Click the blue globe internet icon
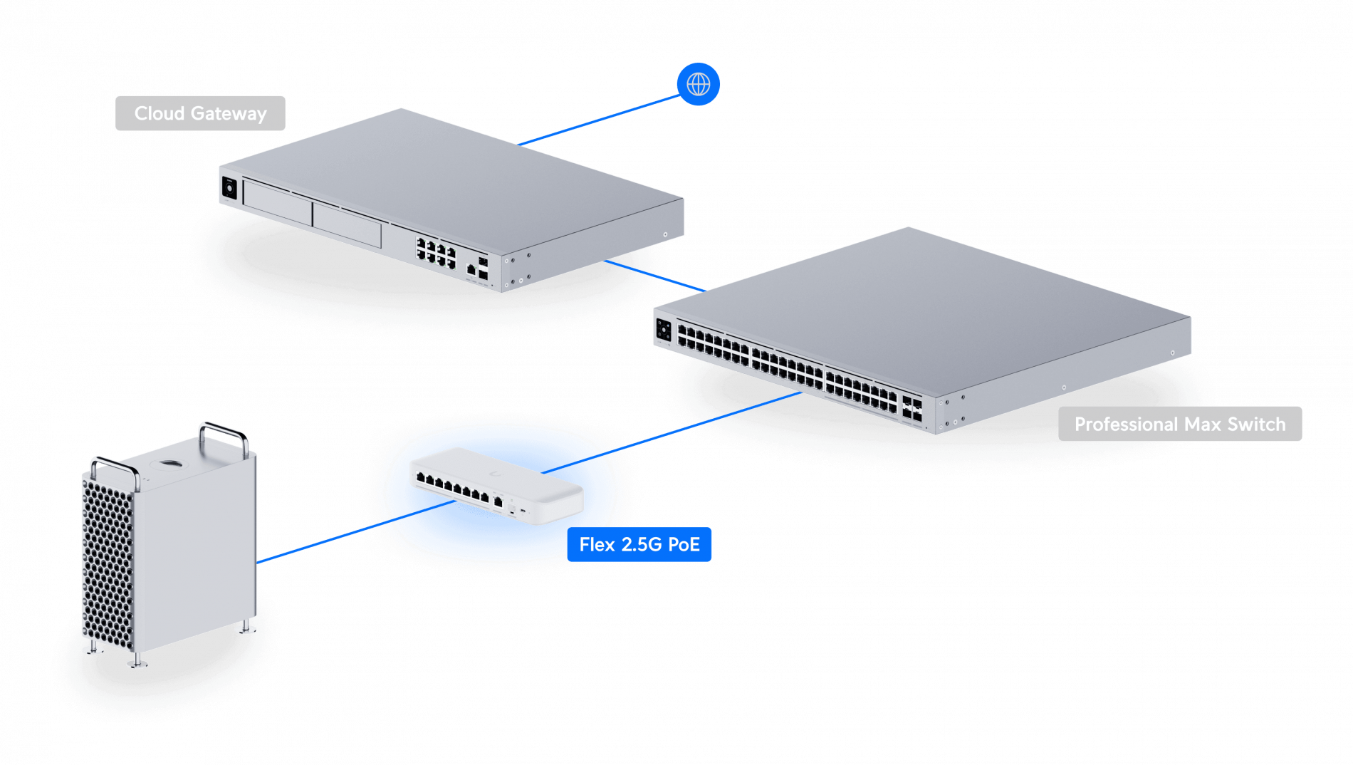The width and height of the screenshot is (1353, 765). (x=698, y=84)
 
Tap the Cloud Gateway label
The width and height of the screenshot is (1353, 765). (x=200, y=113)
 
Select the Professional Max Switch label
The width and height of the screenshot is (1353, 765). (x=1179, y=424)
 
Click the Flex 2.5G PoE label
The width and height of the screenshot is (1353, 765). (x=639, y=544)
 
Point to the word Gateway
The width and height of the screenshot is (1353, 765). (x=229, y=113)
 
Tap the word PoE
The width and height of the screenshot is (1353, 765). (x=684, y=544)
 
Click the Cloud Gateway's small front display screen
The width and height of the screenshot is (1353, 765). (x=229, y=187)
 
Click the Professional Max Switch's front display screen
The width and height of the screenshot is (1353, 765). (x=663, y=330)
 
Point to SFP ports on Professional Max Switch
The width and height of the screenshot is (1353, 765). (x=912, y=407)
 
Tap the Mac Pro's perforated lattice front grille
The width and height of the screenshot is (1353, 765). (x=108, y=563)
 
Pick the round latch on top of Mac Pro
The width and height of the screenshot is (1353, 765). (x=171, y=464)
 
